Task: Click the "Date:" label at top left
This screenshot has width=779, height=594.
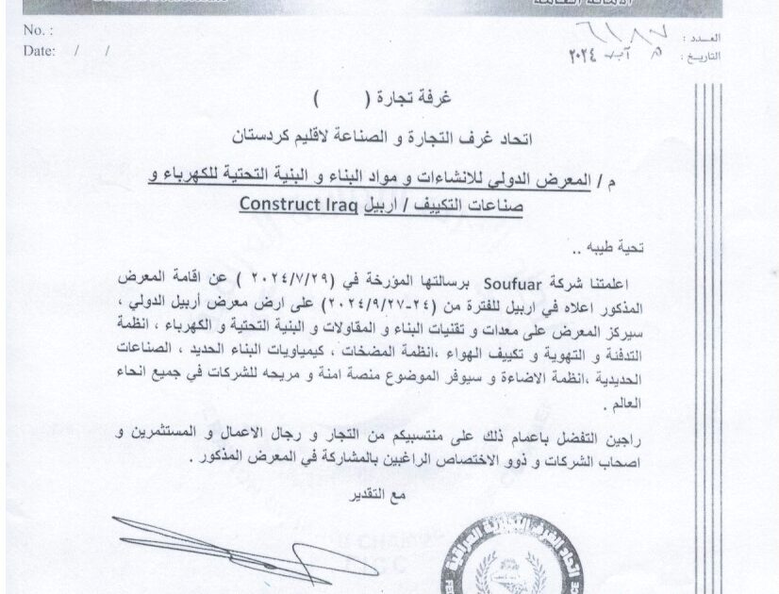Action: point(39,51)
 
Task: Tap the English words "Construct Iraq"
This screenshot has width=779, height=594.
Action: point(298,203)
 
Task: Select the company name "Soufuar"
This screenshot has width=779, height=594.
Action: point(511,280)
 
